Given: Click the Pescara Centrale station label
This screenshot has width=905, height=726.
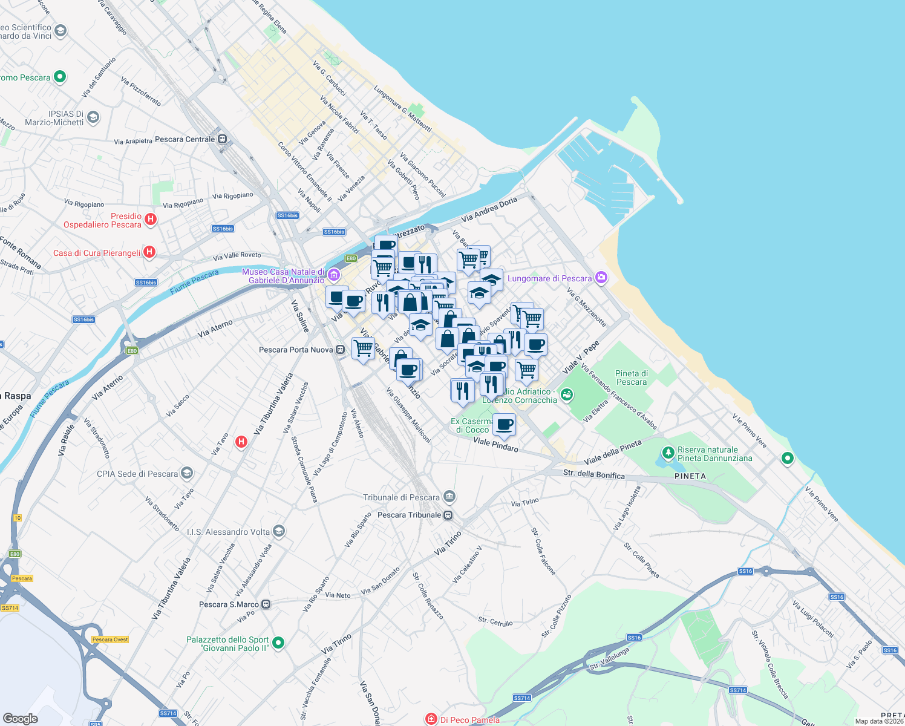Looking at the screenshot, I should [x=185, y=139].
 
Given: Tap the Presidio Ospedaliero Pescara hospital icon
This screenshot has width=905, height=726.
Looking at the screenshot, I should [x=151, y=220].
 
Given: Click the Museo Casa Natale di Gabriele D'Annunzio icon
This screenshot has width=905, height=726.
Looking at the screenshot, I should [x=333, y=276].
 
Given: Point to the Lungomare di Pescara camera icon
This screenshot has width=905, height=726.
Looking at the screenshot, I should [x=601, y=278].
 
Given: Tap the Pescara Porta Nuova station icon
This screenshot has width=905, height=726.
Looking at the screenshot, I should [x=341, y=350].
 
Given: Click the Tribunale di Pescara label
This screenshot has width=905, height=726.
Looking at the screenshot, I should [x=401, y=497].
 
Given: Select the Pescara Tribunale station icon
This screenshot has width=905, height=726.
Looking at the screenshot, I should [x=448, y=515].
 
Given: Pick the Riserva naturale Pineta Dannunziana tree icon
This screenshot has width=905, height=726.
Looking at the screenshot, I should [x=668, y=453].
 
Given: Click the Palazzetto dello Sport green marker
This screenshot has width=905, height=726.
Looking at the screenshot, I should [x=278, y=643].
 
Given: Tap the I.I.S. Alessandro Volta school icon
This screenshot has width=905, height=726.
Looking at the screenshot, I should [x=279, y=532].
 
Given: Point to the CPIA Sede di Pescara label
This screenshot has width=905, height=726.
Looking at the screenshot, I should [x=137, y=474].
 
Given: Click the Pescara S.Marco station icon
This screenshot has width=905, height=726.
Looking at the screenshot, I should [x=266, y=604].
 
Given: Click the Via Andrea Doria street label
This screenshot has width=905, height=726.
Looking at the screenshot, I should [x=489, y=209].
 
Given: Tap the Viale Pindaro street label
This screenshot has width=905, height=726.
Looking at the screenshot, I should [x=495, y=445].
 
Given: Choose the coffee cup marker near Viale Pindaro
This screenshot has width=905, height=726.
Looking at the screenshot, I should [x=504, y=425].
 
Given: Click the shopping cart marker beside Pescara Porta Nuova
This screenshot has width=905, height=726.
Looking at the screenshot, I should [x=363, y=348].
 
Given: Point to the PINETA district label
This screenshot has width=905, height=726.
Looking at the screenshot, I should [x=690, y=476].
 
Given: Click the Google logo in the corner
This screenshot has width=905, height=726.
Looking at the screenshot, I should [x=21, y=719].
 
